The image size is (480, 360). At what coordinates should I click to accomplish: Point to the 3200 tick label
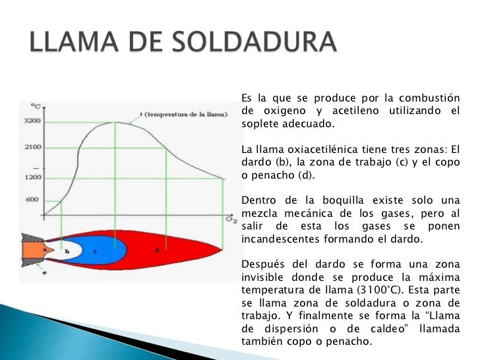pos(33,121)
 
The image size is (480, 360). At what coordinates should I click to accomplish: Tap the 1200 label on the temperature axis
pos(33,177)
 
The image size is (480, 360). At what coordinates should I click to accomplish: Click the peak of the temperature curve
pos(117,122)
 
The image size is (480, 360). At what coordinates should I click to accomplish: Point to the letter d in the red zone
pos(157,250)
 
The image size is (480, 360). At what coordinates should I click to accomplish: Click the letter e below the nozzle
pos(45,272)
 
